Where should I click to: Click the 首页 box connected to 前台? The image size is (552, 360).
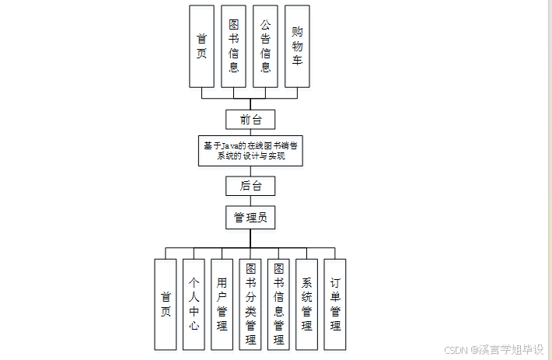(201, 46)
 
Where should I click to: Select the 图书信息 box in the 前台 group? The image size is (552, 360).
(233, 46)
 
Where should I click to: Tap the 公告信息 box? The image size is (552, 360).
(265, 46)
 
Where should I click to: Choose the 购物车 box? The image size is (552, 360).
(297, 46)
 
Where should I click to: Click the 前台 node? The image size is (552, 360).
(250, 119)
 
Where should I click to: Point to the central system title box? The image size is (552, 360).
(250, 150)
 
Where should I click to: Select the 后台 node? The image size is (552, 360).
(250, 186)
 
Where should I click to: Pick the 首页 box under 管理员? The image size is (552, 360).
(166, 304)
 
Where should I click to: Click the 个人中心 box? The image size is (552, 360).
(194, 304)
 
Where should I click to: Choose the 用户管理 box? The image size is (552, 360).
(222, 304)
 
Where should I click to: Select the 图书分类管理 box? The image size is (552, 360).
(250, 304)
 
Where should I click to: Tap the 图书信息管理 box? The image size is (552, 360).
(278, 304)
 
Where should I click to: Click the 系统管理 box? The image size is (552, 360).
(306, 304)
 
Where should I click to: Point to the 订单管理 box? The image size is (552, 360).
(335, 304)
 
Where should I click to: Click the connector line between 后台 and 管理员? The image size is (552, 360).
(250, 201)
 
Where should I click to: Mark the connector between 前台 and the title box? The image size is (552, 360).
(250, 132)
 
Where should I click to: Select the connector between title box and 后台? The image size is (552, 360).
(250, 171)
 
